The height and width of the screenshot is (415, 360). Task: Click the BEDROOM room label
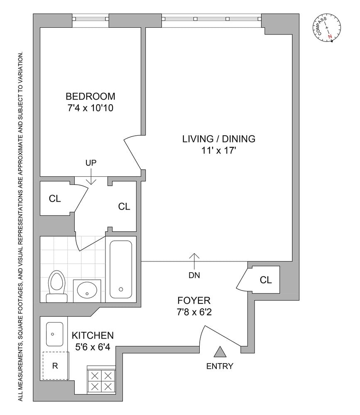[x=91, y=96]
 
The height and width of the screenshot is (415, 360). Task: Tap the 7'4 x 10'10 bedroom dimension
[x=91, y=108]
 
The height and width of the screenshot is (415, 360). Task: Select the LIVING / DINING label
[x=218, y=139]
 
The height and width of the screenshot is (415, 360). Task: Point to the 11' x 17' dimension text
[x=218, y=150]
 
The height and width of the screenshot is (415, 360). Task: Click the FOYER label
[x=194, y=300]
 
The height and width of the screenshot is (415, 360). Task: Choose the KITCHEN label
[x=93, y=335]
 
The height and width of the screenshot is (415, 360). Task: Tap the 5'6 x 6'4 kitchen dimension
[x=93, y=347]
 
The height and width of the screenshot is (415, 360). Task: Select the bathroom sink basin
[x=87, y=290]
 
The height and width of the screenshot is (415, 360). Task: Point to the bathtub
[x=121, y=269]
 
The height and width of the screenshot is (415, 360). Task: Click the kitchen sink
[x=54, y=334]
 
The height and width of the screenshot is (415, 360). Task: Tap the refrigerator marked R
[x=55, y=366]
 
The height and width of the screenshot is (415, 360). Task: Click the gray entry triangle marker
[x=220, y=352]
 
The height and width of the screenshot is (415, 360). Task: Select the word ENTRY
[x=220, y=366]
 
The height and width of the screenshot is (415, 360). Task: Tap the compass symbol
[x=327, y=28]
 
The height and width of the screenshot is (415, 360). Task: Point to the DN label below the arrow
[x=194, y=275]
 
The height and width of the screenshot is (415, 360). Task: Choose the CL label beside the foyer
[x=266, y=280]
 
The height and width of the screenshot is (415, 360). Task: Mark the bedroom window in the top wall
[x=91, y=19]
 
